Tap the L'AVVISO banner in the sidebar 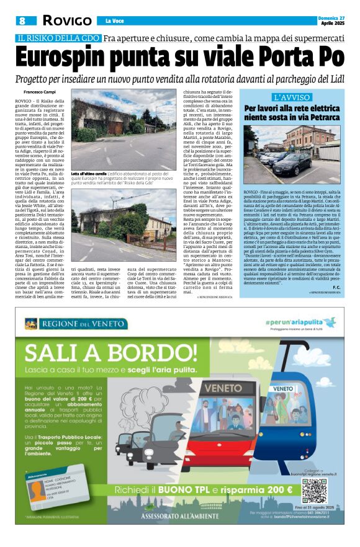pyautogui.click(x=292, y=98)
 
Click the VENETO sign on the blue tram pyautogui.click(x=284, y=388)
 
